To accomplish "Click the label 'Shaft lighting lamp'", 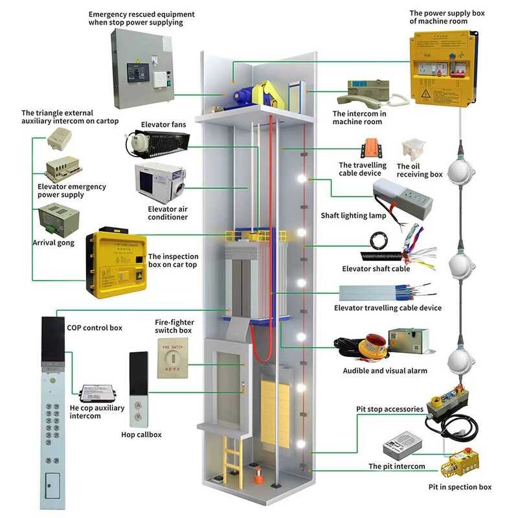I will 353,216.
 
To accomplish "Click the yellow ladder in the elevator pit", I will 229,457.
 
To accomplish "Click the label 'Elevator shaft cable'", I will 376,268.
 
